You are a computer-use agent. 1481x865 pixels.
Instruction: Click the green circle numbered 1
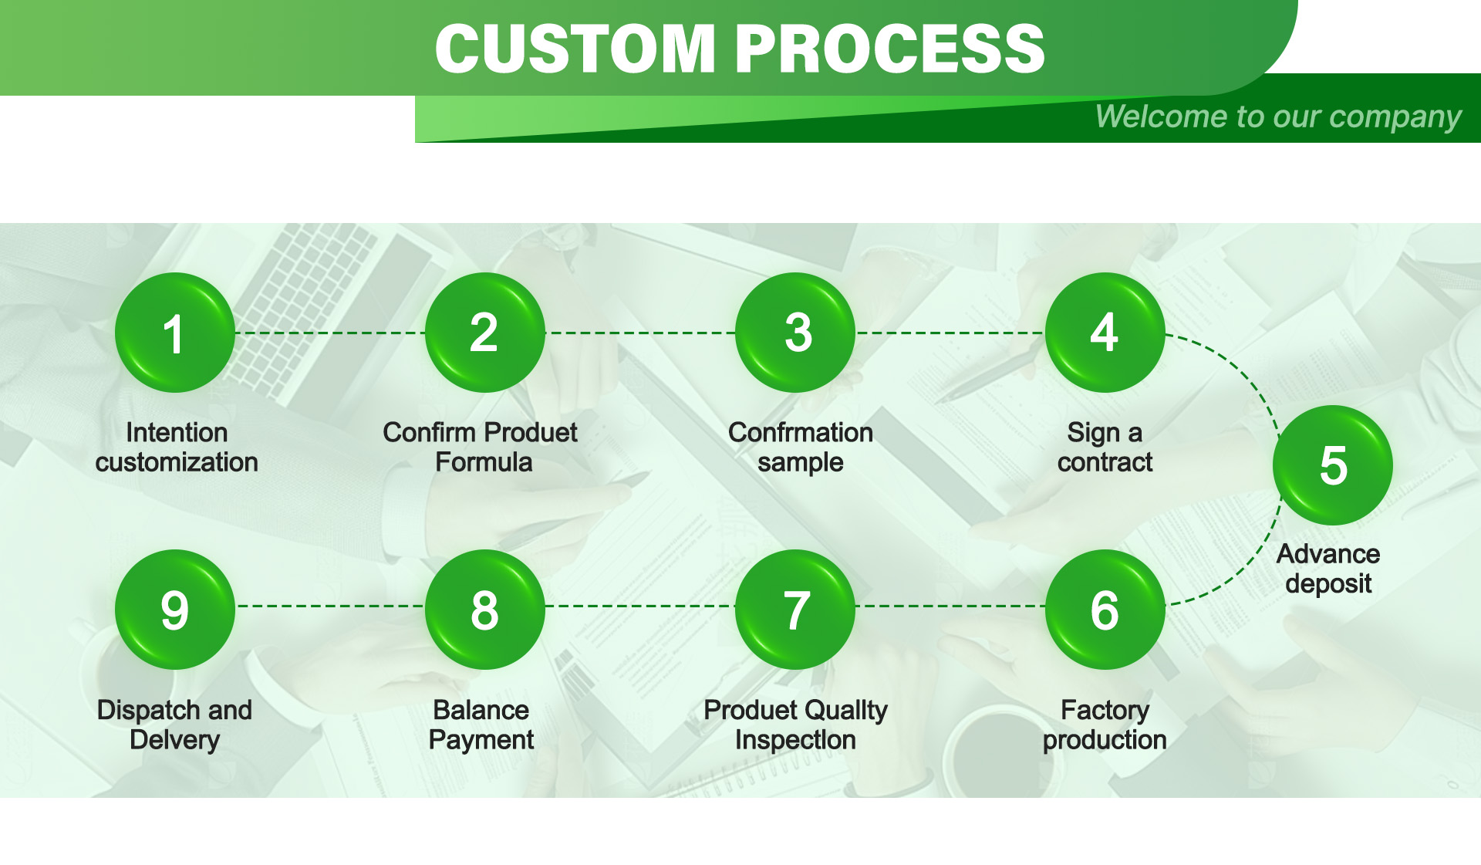click(x=175, y=333)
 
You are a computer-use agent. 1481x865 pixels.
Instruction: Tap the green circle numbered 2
click(x=484, y=333)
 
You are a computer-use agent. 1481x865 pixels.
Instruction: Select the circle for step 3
click(x=795, y=333)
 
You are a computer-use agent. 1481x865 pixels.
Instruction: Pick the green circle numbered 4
click(x=1105, y=333)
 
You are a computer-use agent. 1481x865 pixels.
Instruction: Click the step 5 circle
click(x=1332, y=465)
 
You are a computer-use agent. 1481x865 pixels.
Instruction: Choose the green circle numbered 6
click(x=1105, y=610)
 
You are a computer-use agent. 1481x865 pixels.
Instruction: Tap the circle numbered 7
click(x=795, y=610)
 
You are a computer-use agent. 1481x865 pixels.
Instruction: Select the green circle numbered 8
click(x=484, y=610)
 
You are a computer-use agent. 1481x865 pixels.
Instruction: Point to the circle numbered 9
click(x=175, y=610)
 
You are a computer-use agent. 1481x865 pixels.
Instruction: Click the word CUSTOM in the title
click(x=575, y=49)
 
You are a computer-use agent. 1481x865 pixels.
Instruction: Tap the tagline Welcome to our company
click(x=1277, y=117)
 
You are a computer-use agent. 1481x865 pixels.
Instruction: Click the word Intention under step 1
click(x=177, y=432)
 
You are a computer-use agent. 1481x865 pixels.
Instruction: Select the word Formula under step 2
click(x=484, y=462)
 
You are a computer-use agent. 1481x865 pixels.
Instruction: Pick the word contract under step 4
click(x=1105, y=462)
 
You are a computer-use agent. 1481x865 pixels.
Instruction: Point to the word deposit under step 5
click(x=1328, y=583)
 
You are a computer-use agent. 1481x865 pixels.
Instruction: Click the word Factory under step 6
click(x=1105, y=710)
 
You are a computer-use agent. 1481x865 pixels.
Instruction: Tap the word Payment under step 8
click(x=481, y=740)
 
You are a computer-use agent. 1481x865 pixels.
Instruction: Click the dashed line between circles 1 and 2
click(x=330, y=333)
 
